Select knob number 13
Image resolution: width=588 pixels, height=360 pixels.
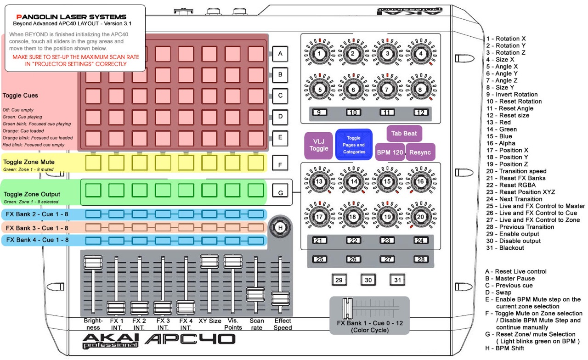[318, 182]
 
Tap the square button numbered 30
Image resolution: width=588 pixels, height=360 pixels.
[368, 280]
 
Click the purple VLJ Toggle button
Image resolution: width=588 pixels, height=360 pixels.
[319, 145]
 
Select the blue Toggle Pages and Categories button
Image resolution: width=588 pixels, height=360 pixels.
[354, 145]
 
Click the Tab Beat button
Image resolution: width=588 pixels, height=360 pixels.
[404, 133]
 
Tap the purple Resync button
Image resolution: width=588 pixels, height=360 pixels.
[420, 152]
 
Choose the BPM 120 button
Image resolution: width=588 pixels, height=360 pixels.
[390, 152]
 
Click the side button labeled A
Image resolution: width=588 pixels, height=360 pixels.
[280, 54]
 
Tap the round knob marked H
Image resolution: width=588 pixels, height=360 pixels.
[279, 226]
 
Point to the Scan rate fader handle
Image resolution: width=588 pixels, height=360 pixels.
[256, 294]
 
